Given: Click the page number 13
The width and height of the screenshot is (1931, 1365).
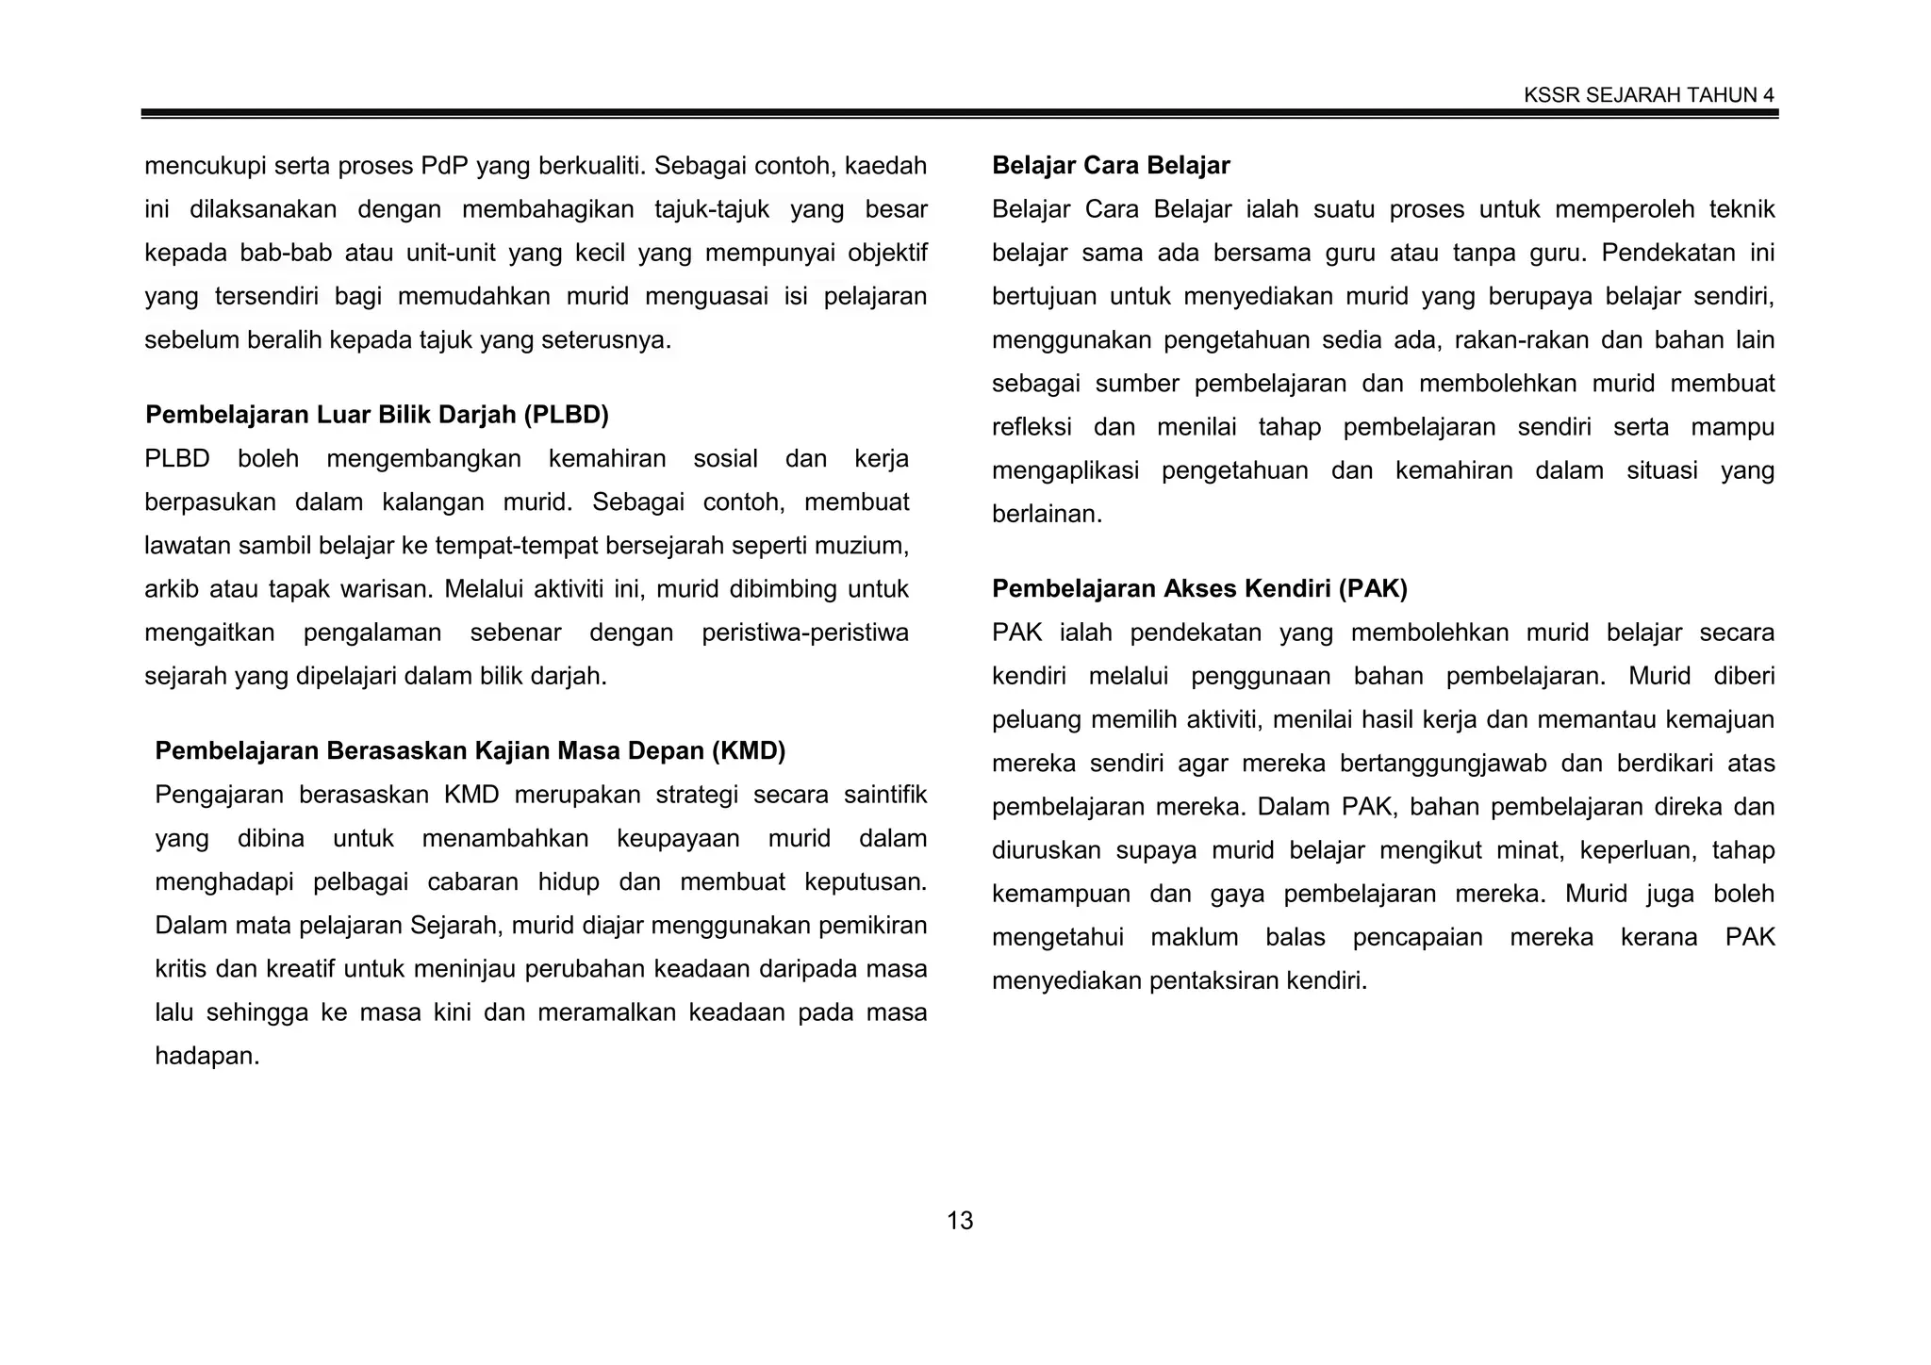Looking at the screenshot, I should (x=960, y=1221).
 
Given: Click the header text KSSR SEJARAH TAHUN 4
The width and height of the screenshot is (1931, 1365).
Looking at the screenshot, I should (x=1648, y=95).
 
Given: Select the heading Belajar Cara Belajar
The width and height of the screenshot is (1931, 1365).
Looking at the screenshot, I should (x=1111, y=166).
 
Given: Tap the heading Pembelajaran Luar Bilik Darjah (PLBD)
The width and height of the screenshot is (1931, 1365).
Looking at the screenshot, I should (x=377, y=415).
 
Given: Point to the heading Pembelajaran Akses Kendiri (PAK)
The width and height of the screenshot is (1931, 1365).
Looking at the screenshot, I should (x=1199, y=589).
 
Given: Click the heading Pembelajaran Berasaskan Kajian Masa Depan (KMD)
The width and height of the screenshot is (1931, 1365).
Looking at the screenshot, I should (x=470, y=751).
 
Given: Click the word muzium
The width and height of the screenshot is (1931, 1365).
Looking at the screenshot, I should (x=865, y=546).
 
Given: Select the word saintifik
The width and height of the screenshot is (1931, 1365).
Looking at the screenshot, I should (x=885, y=795).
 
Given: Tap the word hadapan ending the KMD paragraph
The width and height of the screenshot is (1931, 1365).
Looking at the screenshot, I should (x=206, y=1057).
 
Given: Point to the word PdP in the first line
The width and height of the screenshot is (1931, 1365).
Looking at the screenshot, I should (x=444, y=167).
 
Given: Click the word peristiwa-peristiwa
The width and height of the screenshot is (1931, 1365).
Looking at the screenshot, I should (x=804, y=633).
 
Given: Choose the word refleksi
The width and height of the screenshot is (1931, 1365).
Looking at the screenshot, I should (x=1032, y=428).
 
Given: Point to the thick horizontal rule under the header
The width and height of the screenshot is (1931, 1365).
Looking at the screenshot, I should (x=960, y=113).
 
